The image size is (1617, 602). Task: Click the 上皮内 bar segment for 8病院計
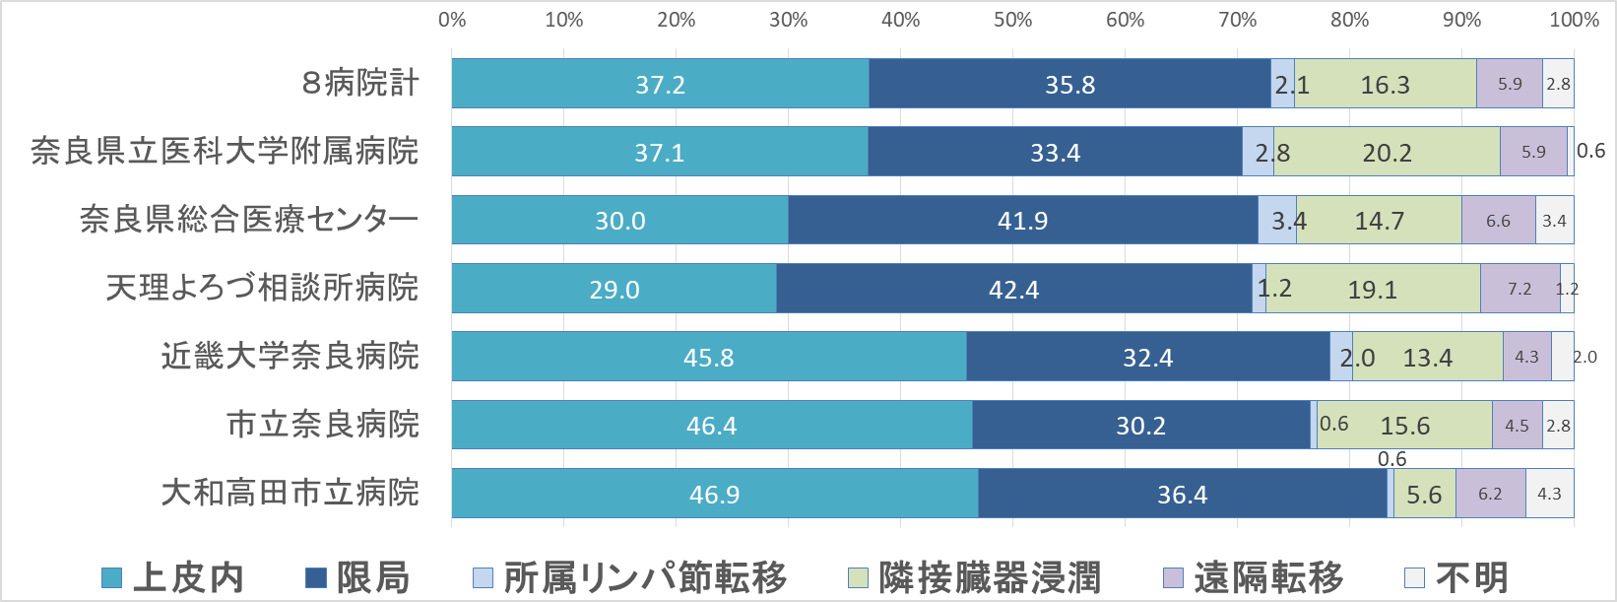[x=660, y=84]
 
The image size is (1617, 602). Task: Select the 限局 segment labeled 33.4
[x=1055, y=152]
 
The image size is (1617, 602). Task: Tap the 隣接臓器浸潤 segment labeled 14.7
[x=1379, y=220]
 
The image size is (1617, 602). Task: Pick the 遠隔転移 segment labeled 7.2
[x=1520, y=289]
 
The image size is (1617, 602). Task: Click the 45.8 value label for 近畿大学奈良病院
[x=709, y=358]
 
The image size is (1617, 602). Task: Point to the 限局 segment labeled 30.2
[x=1140, y=426]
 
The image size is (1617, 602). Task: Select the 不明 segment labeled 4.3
[x=1549, y=494]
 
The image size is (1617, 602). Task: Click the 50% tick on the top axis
[x=1012, y=20]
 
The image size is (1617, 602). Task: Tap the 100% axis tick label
[x=1574, y=20]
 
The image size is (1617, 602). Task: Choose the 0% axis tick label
[x=452, y=20]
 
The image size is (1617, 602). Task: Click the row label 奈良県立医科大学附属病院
[x=225, y=151]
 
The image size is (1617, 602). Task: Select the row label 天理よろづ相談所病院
[x=262, y=288]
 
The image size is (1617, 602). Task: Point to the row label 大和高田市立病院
[x=290, y=492]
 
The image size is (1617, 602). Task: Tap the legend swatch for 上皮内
[x=112, y=578]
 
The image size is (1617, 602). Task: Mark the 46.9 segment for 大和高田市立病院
[x=714, y=494]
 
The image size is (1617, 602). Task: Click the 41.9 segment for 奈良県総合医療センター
[x=1022, y=220]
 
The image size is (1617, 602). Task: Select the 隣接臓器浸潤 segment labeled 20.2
[x=1387, y=152]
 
